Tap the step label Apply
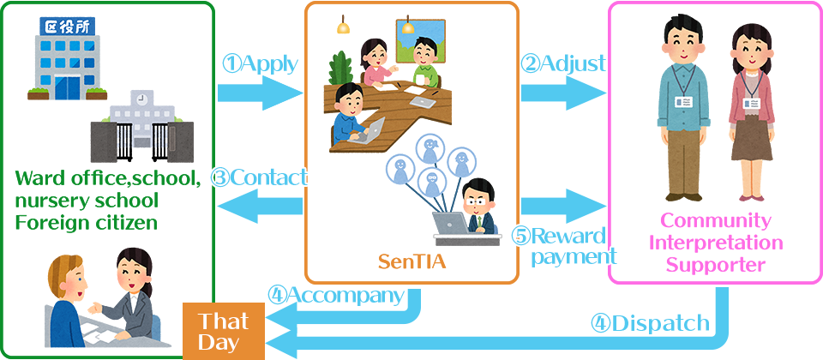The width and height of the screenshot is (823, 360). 261,63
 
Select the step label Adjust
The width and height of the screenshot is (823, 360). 563,63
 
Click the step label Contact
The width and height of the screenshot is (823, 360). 259,177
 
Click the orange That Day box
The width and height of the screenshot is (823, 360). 224,331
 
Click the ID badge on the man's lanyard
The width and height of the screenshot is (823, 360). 684,101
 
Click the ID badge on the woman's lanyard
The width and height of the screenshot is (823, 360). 751,103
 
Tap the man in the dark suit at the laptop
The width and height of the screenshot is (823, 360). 476,206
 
